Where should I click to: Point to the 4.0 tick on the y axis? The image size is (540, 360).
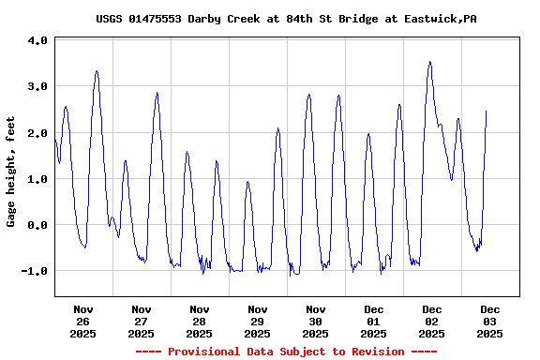(x=37, y=41)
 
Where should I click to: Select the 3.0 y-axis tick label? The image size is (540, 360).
(x=37, y=87)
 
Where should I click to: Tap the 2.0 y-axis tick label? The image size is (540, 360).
(x=37, y=133)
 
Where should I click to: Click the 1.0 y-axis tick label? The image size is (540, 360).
(x=37, y=179)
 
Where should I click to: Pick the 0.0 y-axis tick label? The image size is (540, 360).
(x=37, y=225)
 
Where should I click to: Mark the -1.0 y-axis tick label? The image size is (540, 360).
(x=35, y=271)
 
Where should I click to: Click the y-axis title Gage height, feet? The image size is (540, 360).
(x=11, y=171)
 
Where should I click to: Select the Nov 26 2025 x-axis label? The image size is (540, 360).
(x=83, y=321)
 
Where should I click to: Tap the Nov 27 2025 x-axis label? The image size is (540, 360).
(x=142, y=321)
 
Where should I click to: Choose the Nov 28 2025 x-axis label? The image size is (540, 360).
(x=200, y=321)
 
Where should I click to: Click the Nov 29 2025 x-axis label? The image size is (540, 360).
(x=258, y=321)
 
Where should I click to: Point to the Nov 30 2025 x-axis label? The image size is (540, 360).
(x=316, y=321)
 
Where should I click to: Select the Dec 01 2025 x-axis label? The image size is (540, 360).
(x=374, y=321)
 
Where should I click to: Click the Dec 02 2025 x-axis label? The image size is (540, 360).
(x=432, y=321)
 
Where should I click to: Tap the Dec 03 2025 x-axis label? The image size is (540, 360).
(x=490, y=321)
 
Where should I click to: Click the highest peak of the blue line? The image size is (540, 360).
(x=429, y=62)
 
